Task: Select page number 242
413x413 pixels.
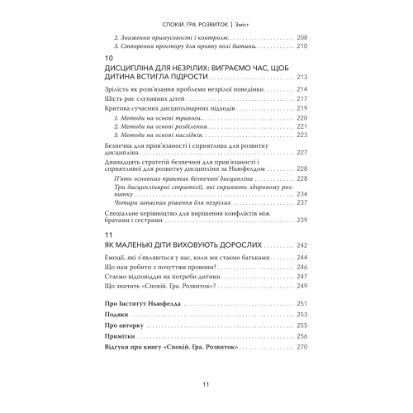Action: click(x=301, y=244)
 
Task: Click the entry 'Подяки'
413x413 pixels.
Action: click(x=108, y=315)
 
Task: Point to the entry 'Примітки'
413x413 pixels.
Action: click(x=113, y=336)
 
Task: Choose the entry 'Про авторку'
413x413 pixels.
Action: click(x=116, y=325)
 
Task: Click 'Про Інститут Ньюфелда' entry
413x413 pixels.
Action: click(x=136, y=304)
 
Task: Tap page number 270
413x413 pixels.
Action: click(x=301, y=347)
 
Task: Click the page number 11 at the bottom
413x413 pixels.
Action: click(x=206, y=384)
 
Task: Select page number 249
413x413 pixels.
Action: click(x=301, y=285)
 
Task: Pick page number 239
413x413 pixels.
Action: click(x=301, y=220)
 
